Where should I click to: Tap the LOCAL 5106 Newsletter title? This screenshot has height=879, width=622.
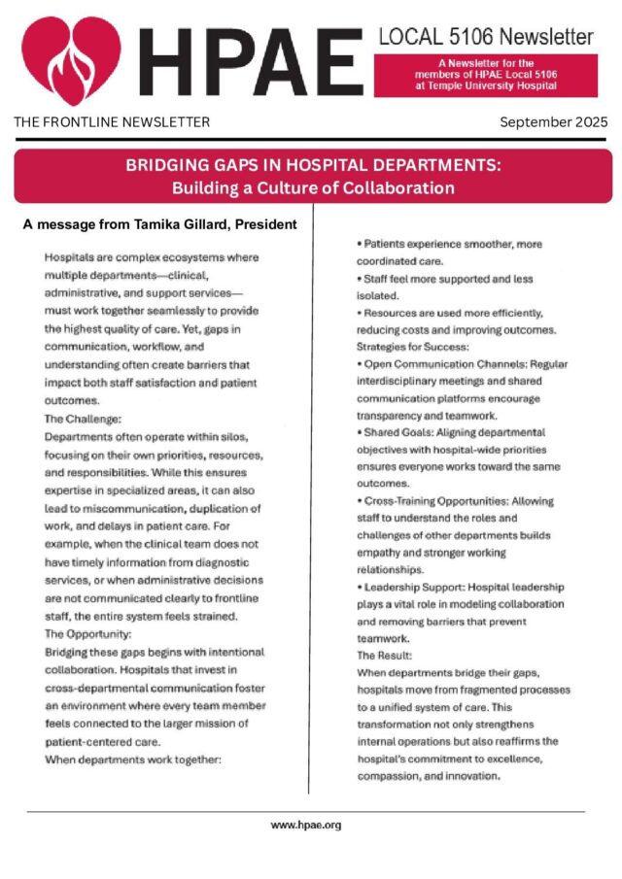pyautogui.click(x=485, y=38)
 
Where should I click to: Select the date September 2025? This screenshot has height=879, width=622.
pyautogui.click(x=553, y=122)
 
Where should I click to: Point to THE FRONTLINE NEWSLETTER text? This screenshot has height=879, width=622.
pyautogui.click(x=112, y=122)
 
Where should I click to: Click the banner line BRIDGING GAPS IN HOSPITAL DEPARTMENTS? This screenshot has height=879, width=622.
pyautogui.click(x=313, y=166)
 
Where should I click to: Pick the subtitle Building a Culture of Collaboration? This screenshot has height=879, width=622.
pyautogui.click(x=313, y=186)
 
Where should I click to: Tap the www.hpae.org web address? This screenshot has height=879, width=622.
pyautogui.click(x=306, y=825)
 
